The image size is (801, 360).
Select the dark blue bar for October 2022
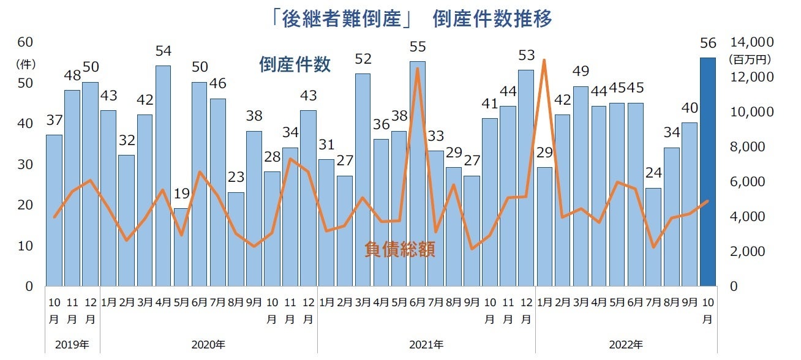[x=708, y=172]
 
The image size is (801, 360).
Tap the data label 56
[x=708, y=43]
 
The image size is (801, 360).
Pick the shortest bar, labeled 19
[x=181, y=247]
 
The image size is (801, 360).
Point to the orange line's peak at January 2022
[x=544, y=60]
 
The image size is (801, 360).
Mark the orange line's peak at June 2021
[x=417, y=69]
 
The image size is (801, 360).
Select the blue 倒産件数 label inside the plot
[x=295, y=64]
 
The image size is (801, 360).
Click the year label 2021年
[x=426, y=345]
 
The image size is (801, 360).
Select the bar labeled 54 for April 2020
[x=163, y=176]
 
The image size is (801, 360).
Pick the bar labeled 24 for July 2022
[x=653, y=237]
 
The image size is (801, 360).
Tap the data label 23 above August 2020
[x=236, y=178]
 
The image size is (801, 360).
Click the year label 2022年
[x=626, y=345]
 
